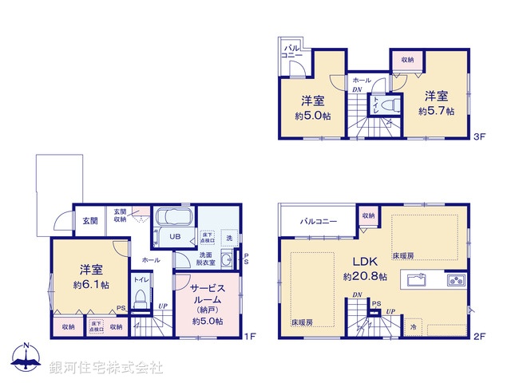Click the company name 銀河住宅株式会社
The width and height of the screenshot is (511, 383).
pos(105,368)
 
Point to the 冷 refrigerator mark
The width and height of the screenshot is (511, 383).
pos(414,327)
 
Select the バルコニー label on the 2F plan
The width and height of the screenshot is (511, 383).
pos(318,221)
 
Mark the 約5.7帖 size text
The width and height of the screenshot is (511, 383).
pos(436,112)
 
